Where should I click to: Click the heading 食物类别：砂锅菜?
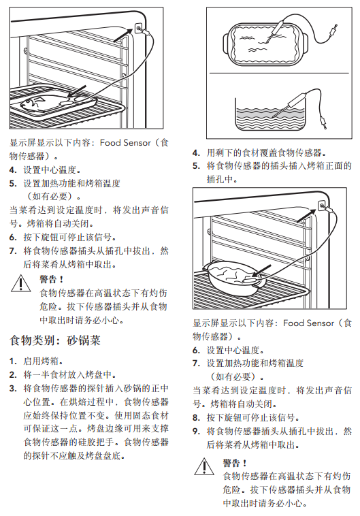pyautogui.click(x=55, y=340)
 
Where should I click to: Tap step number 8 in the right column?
pyautogui.click(x=196, y=418)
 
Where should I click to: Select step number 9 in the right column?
pyautogui.click(x=196, y=432)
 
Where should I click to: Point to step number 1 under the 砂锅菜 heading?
pyautogui.click(x=12, y=361)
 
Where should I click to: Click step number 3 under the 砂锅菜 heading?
pyautogui.click(x=12, y=389)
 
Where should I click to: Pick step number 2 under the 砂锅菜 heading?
pyautogui.click(x=12, y=375)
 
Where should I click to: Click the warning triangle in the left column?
pyautogui.click(x=20, y=283)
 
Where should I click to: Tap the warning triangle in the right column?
pyautogui.click(x=204, y=466)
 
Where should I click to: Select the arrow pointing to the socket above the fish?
pyautogui.click(x=123, y=35)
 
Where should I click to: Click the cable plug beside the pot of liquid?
pyautogui.click(x=323, y=121)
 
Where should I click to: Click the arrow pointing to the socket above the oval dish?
pyautogui.click(x=306, y=216)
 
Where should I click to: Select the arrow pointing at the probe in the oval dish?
pyautogui.click(x=262, y=271)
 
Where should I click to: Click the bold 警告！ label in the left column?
pyautogui.click(x=51, y=279)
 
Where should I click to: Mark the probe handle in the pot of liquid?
pyautogui.click(x=299, y=99)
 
